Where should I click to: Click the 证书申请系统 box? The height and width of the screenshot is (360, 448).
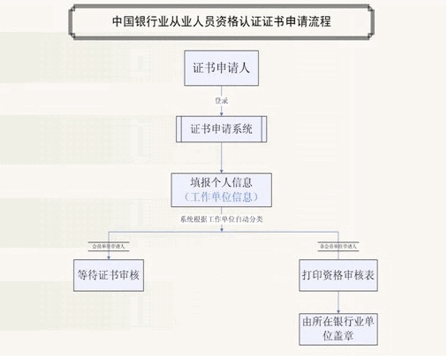click(x=222, y=128)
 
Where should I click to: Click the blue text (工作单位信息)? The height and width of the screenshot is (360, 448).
click(x=222, y=195)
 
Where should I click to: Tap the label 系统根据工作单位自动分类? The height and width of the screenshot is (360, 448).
click(x=222, y=218)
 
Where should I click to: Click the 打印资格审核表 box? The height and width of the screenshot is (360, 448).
click(x=337, y=275)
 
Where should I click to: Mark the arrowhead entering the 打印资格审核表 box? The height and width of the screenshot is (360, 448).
click(x=337, y=256)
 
